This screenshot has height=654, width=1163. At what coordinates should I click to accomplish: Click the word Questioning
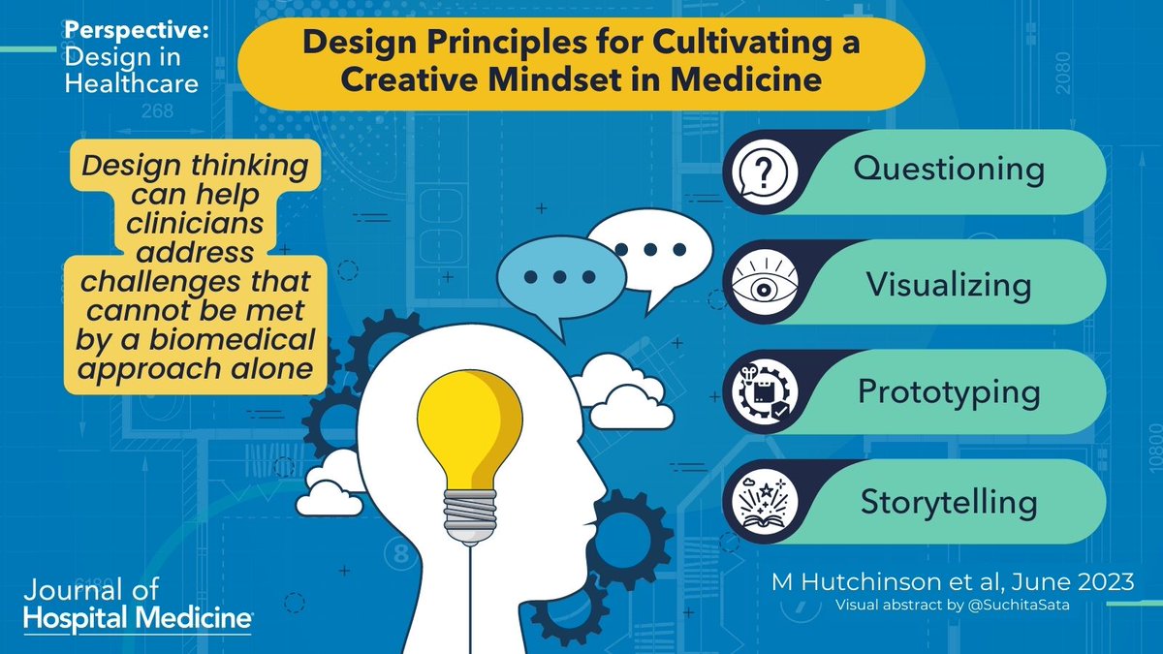point(949,171)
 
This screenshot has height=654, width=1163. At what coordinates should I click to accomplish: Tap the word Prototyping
point(949,392)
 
